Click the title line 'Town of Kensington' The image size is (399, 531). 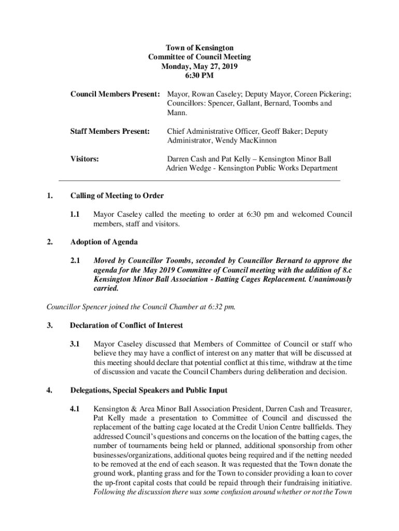point(199,48)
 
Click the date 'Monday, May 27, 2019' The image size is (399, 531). point(199,66)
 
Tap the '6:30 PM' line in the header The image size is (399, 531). point(199,76)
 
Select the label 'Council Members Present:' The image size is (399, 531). point(115,94)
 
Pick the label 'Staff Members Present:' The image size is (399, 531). point(110,132)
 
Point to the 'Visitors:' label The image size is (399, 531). point(84,159)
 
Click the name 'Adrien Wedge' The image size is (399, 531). point(187,168)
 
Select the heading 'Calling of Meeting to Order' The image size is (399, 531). point(117,195)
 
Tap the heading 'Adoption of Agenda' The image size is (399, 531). point(104,242)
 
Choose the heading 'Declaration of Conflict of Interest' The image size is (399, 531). point(126,325)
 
